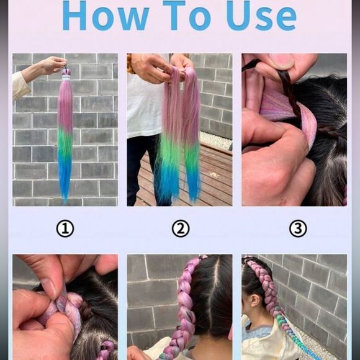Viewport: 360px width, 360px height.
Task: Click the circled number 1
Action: point(65,229)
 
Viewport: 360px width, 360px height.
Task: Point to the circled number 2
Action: point(181,229)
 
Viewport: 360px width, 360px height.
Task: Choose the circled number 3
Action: point(298,229)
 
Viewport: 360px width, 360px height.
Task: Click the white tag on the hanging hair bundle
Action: point(66,78)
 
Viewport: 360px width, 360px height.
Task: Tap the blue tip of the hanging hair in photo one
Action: point(65,180)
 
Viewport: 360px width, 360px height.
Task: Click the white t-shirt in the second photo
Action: point(144,106)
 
